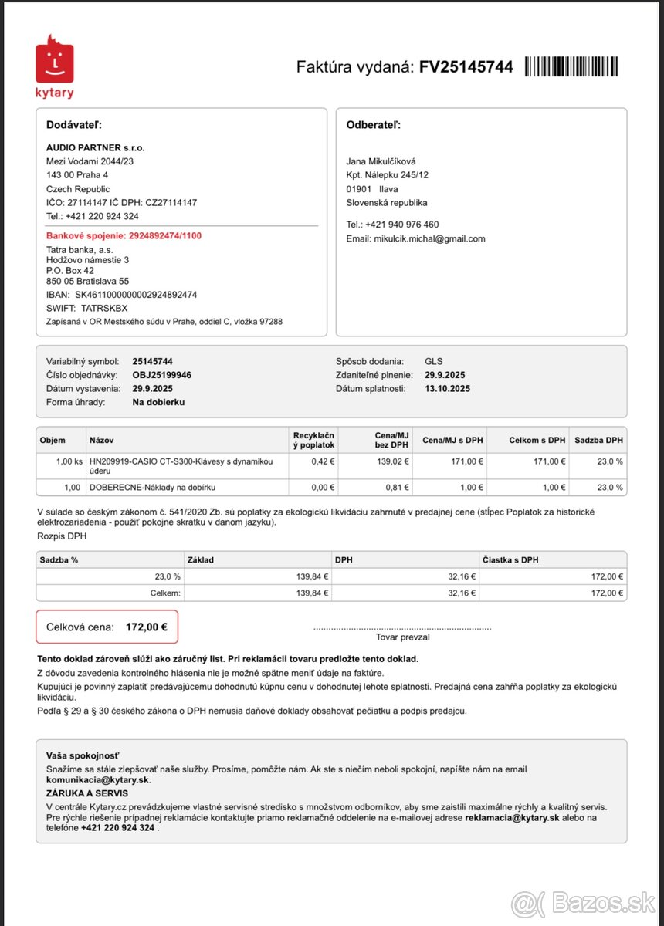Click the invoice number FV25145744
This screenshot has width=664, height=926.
pos(466,66)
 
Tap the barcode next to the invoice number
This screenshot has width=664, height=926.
pos(571,66)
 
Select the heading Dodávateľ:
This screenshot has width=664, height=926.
pos(74,125)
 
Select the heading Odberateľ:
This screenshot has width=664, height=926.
pos(374,125)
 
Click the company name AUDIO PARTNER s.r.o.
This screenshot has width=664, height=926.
pos(96,147)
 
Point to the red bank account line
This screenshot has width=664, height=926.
pos(124,235)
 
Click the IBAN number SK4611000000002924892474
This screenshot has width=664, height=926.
pos(136,295)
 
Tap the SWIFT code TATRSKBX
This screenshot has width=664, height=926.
pos(106,307)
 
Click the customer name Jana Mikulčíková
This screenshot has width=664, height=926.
pos(381,161)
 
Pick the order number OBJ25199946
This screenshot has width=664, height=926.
pos(162,375)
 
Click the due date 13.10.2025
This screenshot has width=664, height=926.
pos(447,388)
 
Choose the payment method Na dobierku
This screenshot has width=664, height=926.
pos(158,402)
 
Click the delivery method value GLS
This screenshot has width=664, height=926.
pos(434,361)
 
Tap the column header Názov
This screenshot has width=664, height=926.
pos(102,440)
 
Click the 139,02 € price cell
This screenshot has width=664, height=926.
pos(393,461)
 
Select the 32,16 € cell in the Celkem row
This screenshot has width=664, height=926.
pos(462,593)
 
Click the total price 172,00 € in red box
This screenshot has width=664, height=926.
pos(147,627)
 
